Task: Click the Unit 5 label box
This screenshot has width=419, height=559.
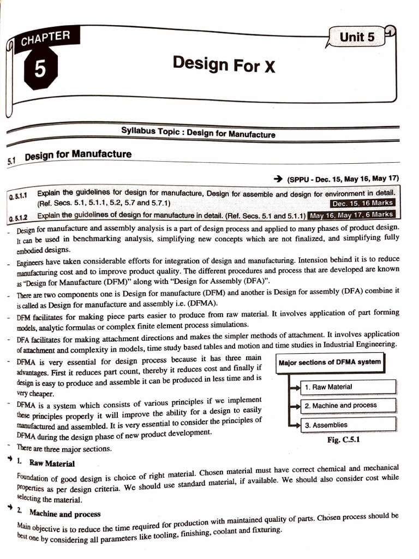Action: pos(357,37)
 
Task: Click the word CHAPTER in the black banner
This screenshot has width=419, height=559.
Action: pos(46,39)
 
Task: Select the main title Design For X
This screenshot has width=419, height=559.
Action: pos(224,64)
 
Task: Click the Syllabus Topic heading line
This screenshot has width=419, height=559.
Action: pos(198,132)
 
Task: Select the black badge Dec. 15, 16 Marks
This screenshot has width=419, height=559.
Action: pos(362,203)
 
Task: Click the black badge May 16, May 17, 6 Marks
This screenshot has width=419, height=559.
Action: pos(351,215)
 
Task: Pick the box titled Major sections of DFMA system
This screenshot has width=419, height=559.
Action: pos(330,362)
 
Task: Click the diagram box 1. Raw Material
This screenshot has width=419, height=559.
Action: pos(348,387)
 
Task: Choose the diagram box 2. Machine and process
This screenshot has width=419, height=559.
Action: pos(348,406)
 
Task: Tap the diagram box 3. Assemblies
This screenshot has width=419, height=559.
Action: pos(348,425)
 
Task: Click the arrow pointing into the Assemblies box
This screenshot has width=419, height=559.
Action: pos(295,425)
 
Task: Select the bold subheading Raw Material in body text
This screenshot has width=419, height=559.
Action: pos(52,463)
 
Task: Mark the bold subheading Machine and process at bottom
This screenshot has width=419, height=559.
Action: pos(64,514)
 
